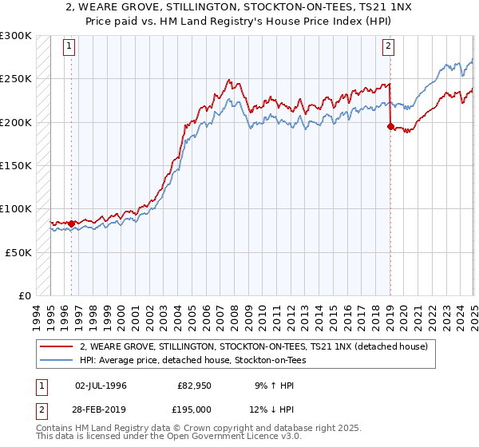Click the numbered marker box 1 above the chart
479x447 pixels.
point(69,46)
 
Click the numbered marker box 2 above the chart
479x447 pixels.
point(388,46)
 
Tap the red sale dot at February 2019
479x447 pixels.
point(390,126)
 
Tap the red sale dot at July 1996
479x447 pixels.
point(71,223)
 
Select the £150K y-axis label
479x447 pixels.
point(16,165)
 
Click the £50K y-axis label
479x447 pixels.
point(19,252)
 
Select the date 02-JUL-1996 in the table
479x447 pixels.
point(101,386)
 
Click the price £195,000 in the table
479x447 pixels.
point(194,409)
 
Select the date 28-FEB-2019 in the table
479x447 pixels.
point(101,409)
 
